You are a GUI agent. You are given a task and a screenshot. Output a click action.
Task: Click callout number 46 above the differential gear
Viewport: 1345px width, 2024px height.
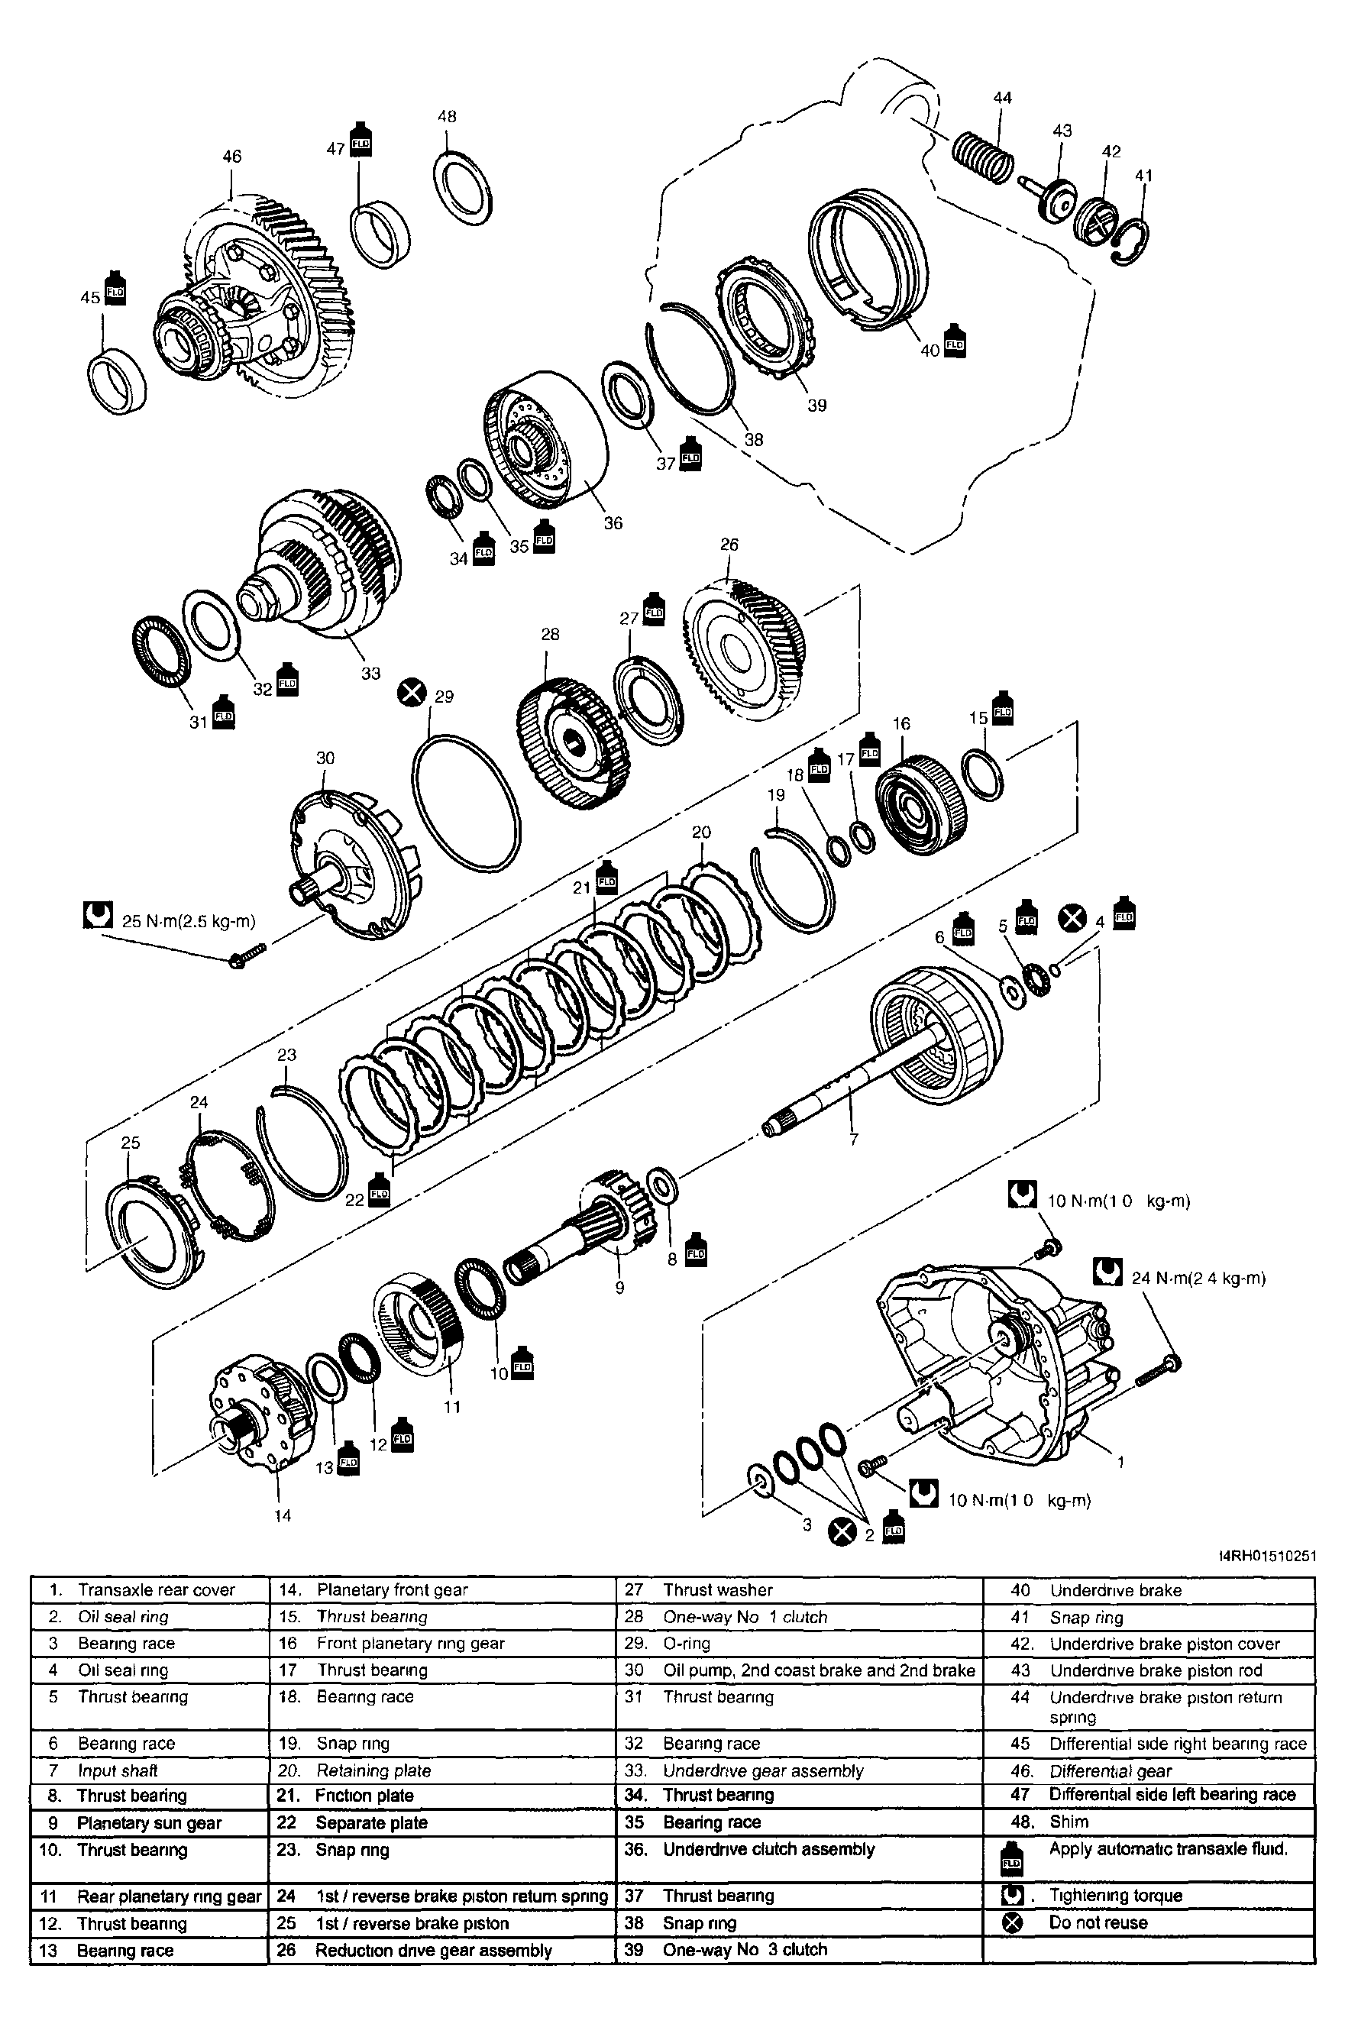point(231,156)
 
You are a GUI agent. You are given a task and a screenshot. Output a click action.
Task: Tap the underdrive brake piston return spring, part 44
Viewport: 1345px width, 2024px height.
point(983,157)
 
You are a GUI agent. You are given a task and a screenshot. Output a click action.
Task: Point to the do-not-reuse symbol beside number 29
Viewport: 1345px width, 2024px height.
point(412,691)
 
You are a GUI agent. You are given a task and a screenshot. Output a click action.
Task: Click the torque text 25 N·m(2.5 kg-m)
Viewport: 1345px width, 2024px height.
point(189,922)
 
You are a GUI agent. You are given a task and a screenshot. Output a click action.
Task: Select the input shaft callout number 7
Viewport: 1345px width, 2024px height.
point(853,1139)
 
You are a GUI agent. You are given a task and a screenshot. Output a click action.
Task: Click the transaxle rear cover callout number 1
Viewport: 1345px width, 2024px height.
point(1120,1461)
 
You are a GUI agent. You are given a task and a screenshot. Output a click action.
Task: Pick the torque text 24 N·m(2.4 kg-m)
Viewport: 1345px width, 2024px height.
point(1198,1278)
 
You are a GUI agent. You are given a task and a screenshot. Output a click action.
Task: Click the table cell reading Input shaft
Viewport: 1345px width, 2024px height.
point(118,1770)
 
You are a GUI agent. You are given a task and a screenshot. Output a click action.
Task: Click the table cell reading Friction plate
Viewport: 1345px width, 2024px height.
point(364,1795)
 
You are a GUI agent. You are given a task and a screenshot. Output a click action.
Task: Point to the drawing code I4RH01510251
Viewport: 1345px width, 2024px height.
point(1267,1556)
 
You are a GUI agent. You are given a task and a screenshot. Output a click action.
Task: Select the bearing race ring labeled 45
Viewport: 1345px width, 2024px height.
point(117,382)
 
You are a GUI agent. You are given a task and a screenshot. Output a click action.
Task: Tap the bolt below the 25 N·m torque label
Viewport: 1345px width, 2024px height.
point(246,955)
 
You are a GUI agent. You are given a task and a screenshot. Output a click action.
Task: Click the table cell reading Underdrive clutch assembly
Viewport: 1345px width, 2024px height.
point(768,1849)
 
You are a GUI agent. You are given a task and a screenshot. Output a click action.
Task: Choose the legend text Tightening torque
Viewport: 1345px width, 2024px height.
point(1115,1896)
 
